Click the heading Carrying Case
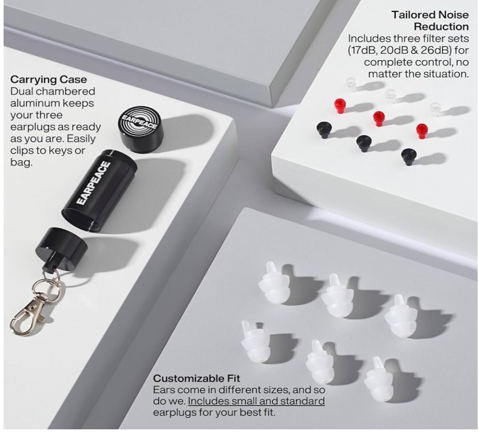point(49,79)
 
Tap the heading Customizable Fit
point(196,378)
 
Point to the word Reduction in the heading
point(441,27)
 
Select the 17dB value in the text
point(362,50)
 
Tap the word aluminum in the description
point(34,103)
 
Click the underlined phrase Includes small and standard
point(256,401)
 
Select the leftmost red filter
point(339,105)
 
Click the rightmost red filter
point(422,131)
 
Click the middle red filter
point(379,118)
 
